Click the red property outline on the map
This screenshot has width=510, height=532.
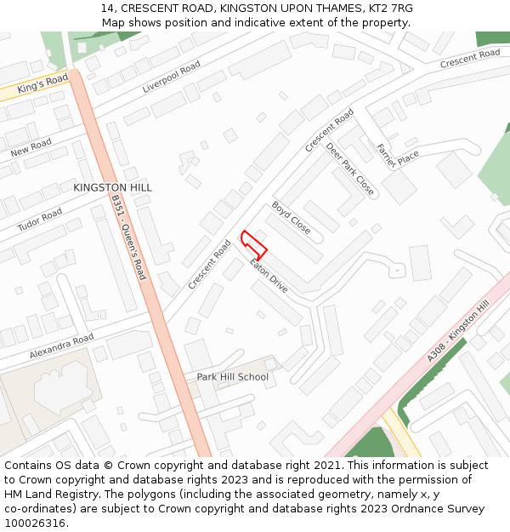(254, 245)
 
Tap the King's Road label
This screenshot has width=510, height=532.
(42, 83)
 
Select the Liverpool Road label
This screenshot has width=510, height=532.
(171, 77)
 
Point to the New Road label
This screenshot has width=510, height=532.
(31, 147)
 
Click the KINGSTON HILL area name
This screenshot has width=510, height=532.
(112, 187)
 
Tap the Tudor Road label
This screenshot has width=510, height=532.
(39, 220)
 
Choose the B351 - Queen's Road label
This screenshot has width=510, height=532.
(128, 237)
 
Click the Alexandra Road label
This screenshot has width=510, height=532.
(61, 345)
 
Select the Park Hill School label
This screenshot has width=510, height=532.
(232, 377)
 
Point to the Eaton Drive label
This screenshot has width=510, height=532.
(269, 277)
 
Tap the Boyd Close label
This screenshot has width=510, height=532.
(291, 218)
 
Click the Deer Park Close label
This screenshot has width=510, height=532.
(349, 169)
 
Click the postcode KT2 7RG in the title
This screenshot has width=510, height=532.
(387, 8)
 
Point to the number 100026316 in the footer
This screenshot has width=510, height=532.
(36, 523)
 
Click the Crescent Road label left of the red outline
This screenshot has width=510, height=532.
(209, 265)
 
